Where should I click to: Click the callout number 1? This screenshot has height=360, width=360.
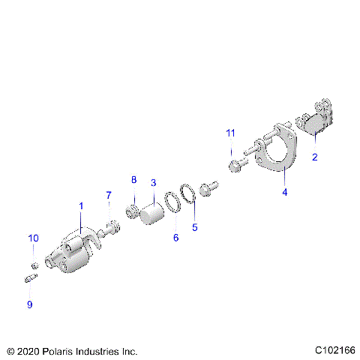(81, 205)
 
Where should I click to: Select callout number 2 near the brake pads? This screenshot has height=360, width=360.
(315, 157)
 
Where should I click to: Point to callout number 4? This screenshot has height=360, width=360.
(285, 192)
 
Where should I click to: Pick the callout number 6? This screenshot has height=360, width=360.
(176, 237)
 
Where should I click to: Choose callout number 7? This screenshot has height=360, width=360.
(108, 196)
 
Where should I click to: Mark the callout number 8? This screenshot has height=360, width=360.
(134, 180)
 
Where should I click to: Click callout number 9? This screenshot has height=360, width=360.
(30, 304)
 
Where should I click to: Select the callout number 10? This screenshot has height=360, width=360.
(33, 238)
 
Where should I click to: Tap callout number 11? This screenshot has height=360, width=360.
(231, 133)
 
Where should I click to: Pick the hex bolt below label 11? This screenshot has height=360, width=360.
(235, 163)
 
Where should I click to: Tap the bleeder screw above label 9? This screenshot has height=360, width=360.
(31, 280)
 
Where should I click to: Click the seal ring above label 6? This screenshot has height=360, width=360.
(172, 202)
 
